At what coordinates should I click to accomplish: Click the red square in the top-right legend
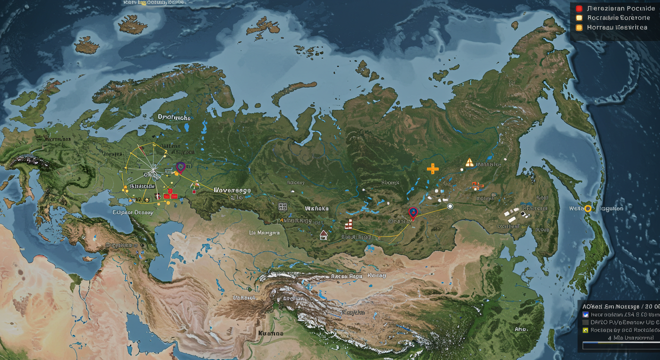coord(579,8)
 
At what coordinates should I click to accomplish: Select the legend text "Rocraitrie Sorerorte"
coord(619,18)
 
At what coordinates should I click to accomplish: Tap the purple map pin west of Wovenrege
coord(180,167)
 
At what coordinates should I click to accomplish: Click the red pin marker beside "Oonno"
coord(413,212)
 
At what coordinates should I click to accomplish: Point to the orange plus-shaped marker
coord(433,169)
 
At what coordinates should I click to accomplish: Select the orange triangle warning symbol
coord(469,163)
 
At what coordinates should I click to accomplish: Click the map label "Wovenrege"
coord(232,191)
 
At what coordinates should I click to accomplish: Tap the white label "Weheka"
coord(317,208)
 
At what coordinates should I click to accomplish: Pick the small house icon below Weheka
coord(323,234)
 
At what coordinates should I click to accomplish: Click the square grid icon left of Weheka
coord(282,206)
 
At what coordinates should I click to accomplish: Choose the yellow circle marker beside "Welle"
coord(587,209)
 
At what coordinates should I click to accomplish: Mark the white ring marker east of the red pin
coord(450,206)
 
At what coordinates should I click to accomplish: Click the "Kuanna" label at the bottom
coord(270,333)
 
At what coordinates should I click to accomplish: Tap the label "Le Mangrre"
coord(264,232)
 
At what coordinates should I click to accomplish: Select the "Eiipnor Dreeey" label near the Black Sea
coord(133,212)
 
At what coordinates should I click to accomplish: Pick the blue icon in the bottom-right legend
coord(585,315)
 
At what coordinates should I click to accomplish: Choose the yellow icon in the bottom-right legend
coord(585,330)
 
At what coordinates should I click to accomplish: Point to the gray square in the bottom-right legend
coord(585,322)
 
